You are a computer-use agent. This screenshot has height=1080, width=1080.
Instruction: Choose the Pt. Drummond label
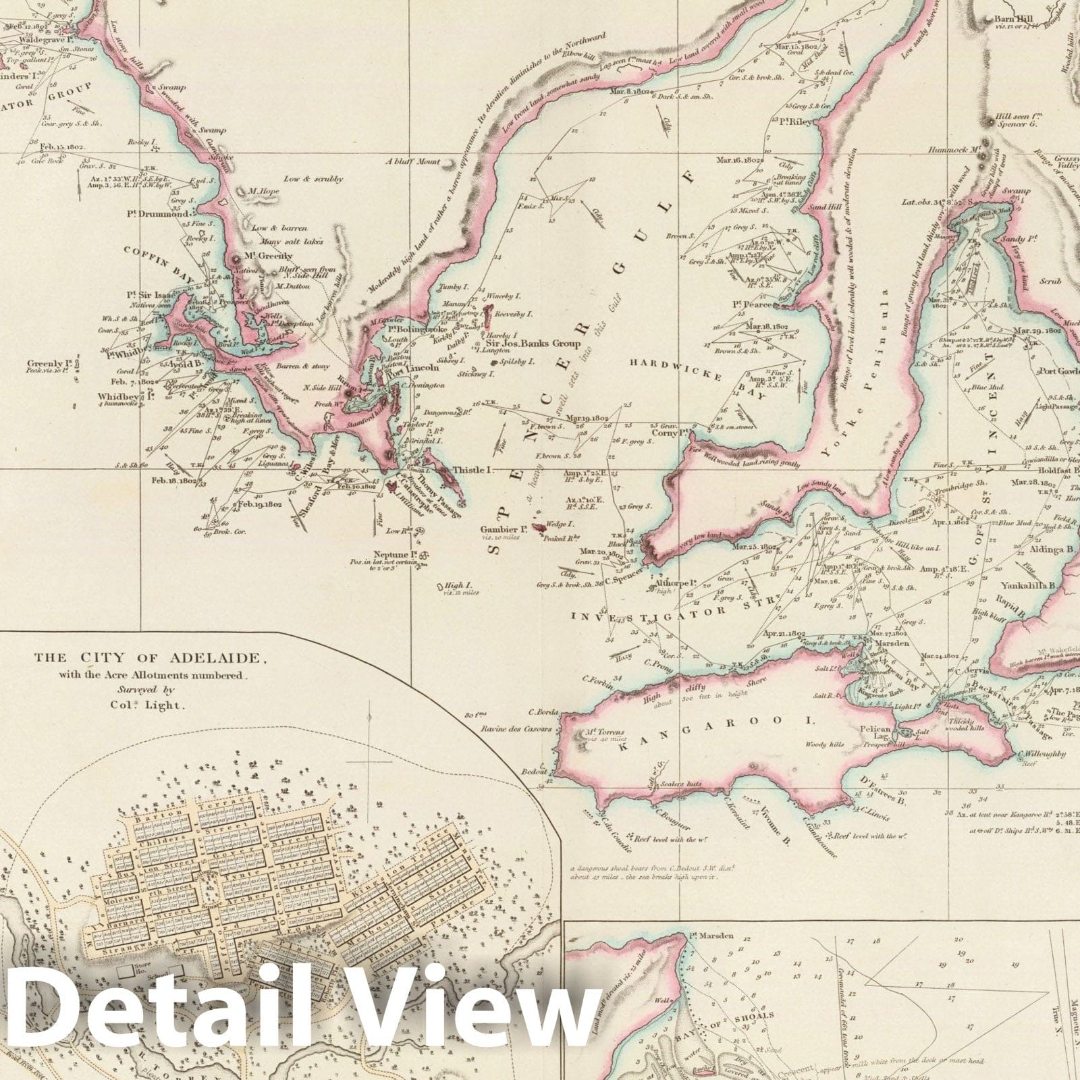157,214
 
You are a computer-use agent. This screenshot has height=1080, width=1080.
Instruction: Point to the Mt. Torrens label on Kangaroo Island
606,732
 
